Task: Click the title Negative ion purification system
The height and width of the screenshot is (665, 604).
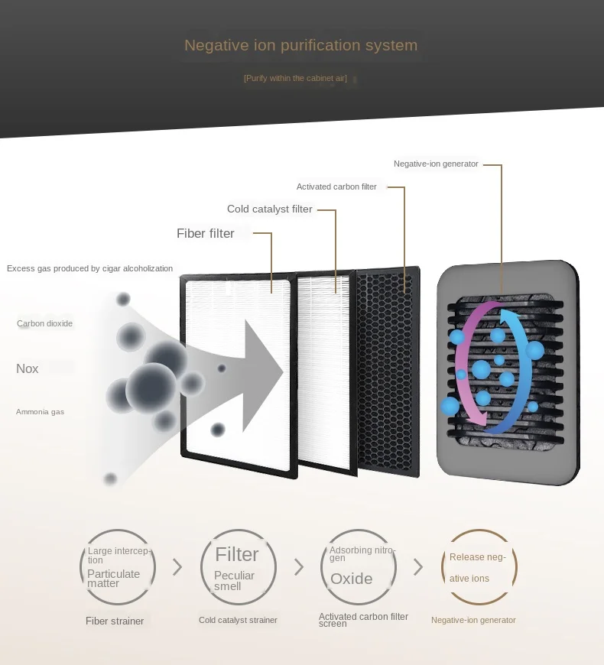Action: pyautogui.click(x=300, y=45)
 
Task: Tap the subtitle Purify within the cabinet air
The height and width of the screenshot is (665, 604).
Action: pyautogui.click(x=295, y=79)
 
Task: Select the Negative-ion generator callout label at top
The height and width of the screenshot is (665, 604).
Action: pyautogui.click(x=436, y=164)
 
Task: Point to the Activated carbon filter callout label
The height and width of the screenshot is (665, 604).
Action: pyautogui.click(x=336, y=187)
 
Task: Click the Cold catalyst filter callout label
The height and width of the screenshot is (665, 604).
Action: pyautogui.click(x=269, y=209)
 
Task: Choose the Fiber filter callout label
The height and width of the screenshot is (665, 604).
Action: pyautogui.click(x=205, y=233)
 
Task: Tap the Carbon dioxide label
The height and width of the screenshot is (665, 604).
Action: pyautogui.click(x=44, y=323)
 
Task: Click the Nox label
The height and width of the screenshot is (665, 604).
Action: pyautogui.click(x=28, y=368)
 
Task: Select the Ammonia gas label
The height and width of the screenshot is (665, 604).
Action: pyautogui.click(x=40, y=412)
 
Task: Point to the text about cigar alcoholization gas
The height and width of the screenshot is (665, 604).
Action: pyautogui.click(x=89, y=268)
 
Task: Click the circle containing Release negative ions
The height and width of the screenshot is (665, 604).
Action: pyautogui.click(x=479, y=567)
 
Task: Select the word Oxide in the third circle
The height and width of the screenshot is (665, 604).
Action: pyautogui.click(x=352, y=579)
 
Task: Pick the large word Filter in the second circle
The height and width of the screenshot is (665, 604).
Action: pyautogui.click(x=237, y=554)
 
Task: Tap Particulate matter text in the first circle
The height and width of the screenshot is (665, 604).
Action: pyautogui.click(x=113, y=578)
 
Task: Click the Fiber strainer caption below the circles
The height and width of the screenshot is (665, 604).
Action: pyautogui.click(x=115, y=621)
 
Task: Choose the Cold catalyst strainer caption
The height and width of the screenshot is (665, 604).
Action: pyautogui.click(x=238, y=620)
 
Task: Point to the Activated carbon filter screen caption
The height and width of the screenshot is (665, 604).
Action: pyautogui.click(x=363, y=620)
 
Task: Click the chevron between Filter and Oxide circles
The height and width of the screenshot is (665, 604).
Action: pyautogui.click(x=299, y=567)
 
